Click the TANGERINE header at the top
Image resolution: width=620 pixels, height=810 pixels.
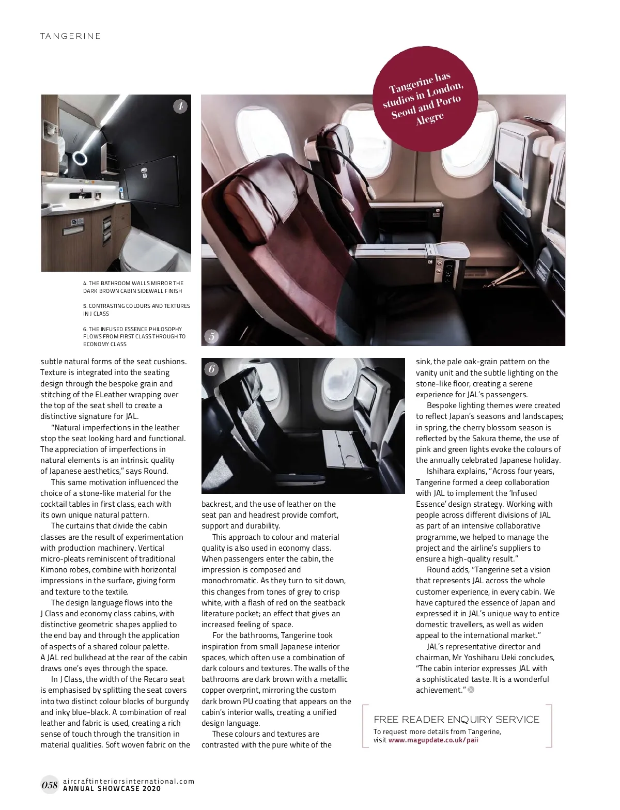(x=70, y=36)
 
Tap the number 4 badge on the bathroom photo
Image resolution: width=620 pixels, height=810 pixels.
(x=179, y=106)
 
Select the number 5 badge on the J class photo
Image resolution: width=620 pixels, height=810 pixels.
(x=211, y=337)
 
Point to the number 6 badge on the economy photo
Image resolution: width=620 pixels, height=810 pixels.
(x=211, y=369)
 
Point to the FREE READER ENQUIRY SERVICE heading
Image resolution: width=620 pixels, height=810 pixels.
(x=456, y=720)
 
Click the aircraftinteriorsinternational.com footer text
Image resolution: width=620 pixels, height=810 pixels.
(x=128, y=781)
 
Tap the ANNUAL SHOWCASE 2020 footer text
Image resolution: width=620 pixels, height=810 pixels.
(x=112, y=789)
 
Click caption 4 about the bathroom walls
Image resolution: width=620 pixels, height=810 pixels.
(x=133, y=287)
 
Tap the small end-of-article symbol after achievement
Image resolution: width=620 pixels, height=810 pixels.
(x=471, y=690)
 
